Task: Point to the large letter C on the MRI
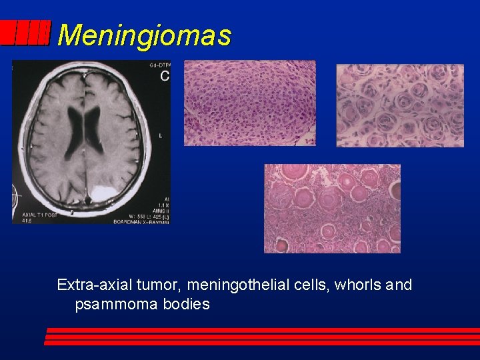(x=164, y=77)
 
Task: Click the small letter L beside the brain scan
(x=160, y=135)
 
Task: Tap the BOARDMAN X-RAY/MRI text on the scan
(x=141, y=221)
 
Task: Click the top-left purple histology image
(x=249, y=103)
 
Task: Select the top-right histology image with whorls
(x=399, y=105)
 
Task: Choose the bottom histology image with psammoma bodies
(x=332, y=208)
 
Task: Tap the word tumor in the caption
(x=160, y=285)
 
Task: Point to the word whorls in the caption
(x=355, y=285)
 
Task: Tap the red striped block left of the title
(x=25, y=33)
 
